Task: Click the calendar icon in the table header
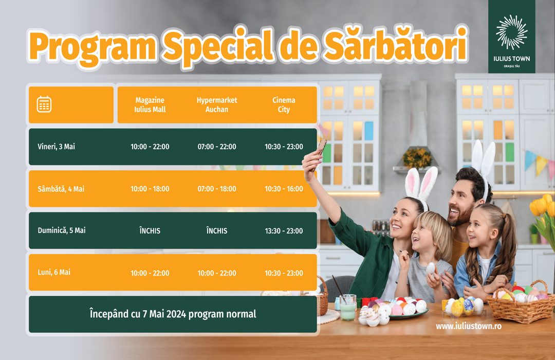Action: coord(44,104)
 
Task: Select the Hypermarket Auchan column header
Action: coord(217,104)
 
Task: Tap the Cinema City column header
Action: coord(284,104)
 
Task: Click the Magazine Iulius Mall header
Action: coord(150,104)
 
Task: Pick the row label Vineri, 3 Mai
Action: coord(57,147)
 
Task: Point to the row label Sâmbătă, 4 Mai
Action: coord(61,189)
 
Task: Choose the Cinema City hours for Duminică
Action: coord(284,231)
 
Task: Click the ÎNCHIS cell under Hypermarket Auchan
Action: coord(217,231)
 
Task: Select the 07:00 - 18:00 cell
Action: coord(217,189)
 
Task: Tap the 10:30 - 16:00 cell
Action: coord(284,189)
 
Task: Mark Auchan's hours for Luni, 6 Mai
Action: coord(217,273)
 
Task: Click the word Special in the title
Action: coord(217,47)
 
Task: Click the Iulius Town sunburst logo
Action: coord(511,32)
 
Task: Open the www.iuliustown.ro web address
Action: coord(469,326)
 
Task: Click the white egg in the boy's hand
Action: coord(431,268)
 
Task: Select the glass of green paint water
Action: coord(348,307)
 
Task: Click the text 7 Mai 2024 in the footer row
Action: coord(164,314)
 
